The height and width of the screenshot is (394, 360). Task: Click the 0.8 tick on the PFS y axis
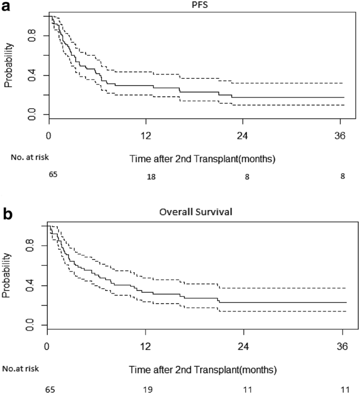(x=32, y=36)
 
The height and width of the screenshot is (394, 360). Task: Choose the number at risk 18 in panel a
(x=151, y=178)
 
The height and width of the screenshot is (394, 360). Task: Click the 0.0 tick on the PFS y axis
(x=32, y=114)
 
